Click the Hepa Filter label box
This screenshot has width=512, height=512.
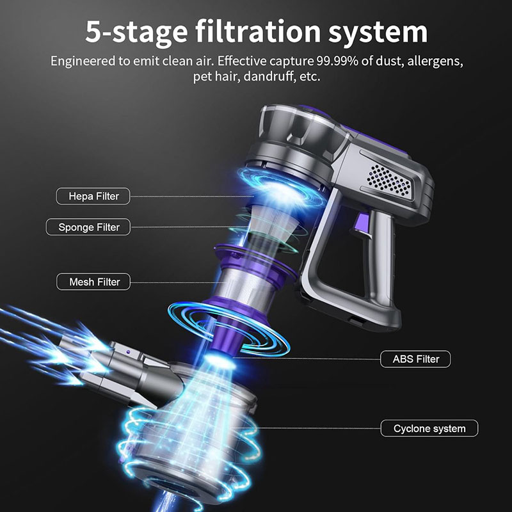[93, 196]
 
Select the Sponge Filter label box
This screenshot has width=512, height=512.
[88, 227]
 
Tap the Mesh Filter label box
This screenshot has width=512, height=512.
[93, 282]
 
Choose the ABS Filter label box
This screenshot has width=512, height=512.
[415, 359]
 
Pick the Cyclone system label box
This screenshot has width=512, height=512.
[429, 428]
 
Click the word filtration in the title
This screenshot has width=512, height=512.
[258, 31]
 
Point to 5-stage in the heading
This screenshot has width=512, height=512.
[137, 33]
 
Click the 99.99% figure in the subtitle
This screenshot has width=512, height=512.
[337, 61]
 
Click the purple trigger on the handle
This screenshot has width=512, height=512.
[363, 225]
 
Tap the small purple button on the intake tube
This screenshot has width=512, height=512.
[128, 353]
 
